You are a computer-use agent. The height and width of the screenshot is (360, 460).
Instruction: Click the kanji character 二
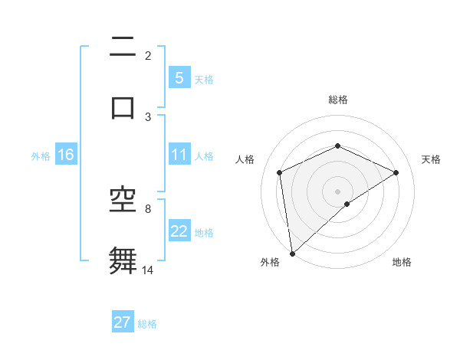pyautogui.click(x=123, y=50)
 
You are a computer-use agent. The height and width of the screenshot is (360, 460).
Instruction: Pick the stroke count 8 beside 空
pyautogui.click(x=148, y=208)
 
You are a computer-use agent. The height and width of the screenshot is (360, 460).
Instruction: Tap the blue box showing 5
pyautogui.click(x=179, y=78)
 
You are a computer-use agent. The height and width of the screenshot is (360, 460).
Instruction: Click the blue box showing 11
pyautogui.click(x=179, y=155)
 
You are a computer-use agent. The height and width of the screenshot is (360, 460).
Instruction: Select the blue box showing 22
pyautogui.click(x=179, y=231)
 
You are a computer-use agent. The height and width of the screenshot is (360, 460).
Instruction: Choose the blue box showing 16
pyautogui.click(x=65, y=155)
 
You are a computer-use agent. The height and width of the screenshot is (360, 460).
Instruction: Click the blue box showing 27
pyautogui.click(x=122, y=322)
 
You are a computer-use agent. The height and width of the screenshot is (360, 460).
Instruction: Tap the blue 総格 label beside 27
pyautogui.click(x=147, y=324)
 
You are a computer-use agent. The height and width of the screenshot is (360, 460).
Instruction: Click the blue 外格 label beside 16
pyautogui.click(x=41, y=155)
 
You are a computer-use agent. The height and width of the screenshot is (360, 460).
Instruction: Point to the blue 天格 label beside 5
pyautogui.click(x=204, y=79)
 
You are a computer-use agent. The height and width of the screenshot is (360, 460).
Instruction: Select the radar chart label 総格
pyautogui.click(x=338, y=100)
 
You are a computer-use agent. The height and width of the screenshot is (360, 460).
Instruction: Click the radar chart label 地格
pyautogui.click(x=402, y=262)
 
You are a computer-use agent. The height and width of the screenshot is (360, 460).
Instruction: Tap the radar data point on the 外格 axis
pyautogui.click(x=292, y=254)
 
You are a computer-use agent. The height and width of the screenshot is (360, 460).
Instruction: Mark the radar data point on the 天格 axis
pyautogui.click(x=396, y=172)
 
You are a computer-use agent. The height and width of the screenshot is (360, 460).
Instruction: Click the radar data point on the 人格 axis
pyautogui.click(x=280, y=172)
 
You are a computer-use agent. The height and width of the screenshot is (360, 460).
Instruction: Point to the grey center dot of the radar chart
pyautogui.click(x=338, y=191)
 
